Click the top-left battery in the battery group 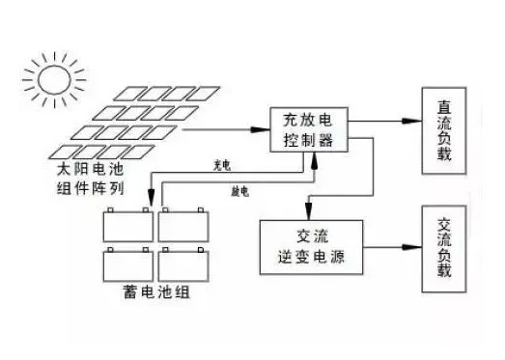click(129, 225)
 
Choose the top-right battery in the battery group click(183, 225)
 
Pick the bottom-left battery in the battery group click(129, 263)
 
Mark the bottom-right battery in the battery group click(183, 263)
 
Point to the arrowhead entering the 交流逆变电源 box click(308, 213)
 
